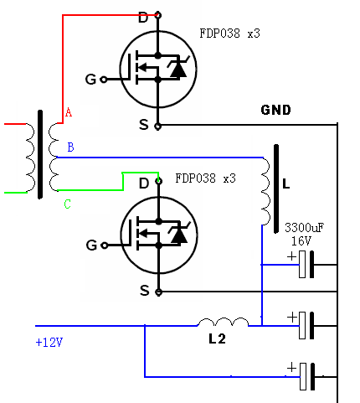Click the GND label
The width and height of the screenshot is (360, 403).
275,110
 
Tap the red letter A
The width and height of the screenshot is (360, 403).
69,112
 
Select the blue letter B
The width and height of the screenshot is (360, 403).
70,147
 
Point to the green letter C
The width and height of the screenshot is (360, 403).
67,204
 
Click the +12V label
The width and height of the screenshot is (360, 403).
49,342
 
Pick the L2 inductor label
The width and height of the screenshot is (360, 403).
217,339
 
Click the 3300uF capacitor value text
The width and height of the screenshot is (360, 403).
305,228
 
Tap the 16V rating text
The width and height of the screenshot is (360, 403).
301,240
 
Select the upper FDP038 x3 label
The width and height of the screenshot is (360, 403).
229,34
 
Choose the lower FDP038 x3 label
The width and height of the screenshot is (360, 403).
205,178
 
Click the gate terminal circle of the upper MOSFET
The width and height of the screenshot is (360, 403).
103,80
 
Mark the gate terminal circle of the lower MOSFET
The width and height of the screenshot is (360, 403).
104,245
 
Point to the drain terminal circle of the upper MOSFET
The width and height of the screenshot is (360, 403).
158,15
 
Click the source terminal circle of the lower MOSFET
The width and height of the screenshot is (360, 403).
158,292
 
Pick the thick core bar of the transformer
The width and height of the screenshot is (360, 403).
40,154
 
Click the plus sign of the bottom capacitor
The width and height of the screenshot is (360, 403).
291,368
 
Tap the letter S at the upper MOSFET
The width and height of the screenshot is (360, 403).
144,125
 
